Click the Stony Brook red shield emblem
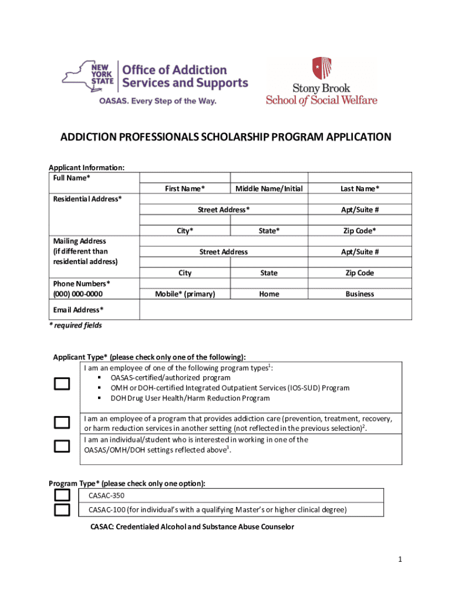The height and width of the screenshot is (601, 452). [321, 68]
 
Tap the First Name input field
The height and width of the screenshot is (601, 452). [185, 177]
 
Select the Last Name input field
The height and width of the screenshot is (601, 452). [360, 177]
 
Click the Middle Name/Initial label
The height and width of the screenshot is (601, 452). [269, 188]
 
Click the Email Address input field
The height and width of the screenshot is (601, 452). [275, 310]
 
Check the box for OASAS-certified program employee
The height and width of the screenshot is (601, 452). [62, 384]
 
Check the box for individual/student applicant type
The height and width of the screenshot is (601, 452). [62, 447]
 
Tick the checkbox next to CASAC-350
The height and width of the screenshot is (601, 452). [62, 495]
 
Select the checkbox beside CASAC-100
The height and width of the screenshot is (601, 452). [62, 509]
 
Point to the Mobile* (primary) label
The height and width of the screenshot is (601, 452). [185, 294]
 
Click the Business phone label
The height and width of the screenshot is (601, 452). [360, 294]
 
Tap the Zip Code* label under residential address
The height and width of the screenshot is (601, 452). [360, 231]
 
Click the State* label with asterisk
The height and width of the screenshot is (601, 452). [269, 231]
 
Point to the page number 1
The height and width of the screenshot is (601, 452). [399, 560]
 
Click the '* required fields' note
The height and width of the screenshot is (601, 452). [75, 325]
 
